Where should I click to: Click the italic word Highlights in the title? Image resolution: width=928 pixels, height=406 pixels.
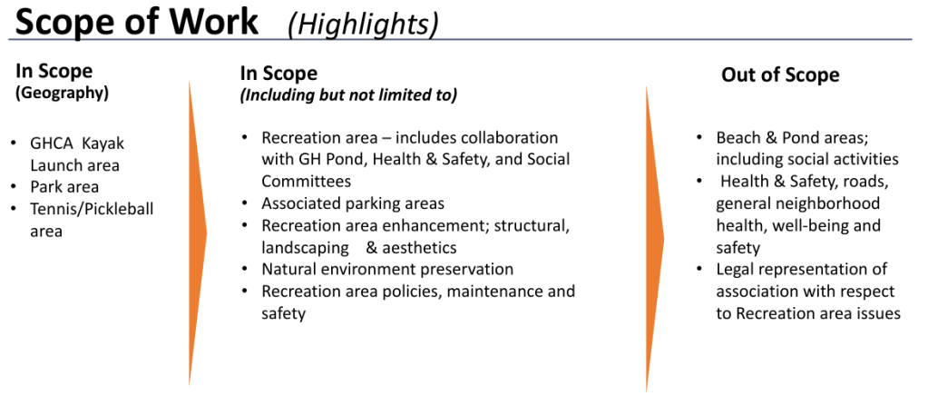coord(363,24)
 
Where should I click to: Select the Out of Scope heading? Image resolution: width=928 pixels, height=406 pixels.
coord(780,75)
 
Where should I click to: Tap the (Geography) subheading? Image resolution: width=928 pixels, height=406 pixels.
coord(63,94)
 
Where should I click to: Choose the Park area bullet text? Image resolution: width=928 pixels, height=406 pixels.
coord(64,187)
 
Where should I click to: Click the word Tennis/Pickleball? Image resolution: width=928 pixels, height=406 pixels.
coord(92,209)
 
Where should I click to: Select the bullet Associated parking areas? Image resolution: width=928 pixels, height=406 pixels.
coord(353,203)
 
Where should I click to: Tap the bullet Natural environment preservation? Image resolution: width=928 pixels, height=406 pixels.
coord(387,269)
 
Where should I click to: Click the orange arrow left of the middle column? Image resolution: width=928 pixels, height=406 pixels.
coord(198,233)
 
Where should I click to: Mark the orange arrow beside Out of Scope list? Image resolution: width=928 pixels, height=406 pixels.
coord(654,238)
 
